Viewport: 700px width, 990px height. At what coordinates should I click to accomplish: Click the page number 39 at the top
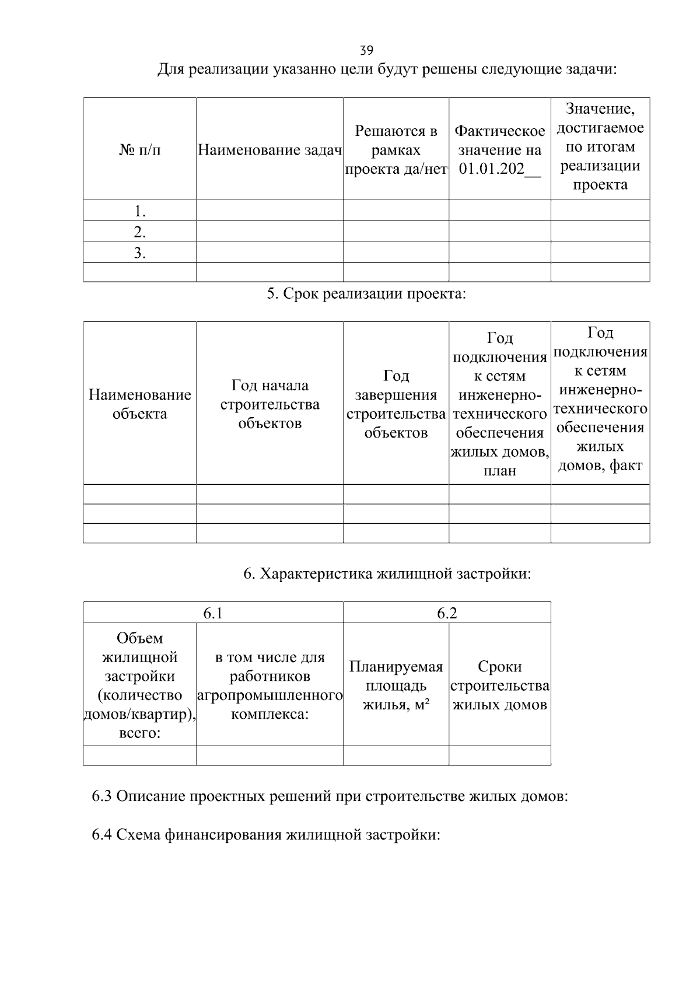tap(367, 50)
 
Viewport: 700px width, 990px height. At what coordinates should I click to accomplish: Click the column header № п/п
tap(139, 150)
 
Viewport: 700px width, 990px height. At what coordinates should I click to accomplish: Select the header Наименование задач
tap(269, 150)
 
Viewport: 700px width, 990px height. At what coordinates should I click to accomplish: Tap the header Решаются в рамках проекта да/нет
tap(395, 150)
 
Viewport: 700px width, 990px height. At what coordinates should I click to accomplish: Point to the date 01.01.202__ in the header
tap(500, 170)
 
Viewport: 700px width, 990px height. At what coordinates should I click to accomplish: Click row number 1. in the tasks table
tap(139, 211)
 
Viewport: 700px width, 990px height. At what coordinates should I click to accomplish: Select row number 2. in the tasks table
tap(139, 232)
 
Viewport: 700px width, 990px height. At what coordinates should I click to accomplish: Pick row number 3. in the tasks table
tap(139, 253)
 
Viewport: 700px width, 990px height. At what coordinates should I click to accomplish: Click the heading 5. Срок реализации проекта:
tap(366, 293)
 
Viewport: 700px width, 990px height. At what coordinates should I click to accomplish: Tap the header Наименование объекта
tap(139, 404)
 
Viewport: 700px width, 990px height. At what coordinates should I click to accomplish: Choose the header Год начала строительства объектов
tap(269, 404)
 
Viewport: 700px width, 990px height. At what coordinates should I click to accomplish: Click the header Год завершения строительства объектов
tap(395, 404)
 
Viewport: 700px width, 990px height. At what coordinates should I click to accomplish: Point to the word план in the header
tap(500, 471)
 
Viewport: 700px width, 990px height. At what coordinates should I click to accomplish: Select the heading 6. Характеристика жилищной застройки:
tap(387, 573)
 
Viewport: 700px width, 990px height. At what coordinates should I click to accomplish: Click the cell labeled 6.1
tap(213, 613)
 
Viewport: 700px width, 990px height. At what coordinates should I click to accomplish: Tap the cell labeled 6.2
tap(447, 613)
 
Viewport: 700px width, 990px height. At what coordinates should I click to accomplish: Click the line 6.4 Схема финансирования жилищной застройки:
tap(266, 835)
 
